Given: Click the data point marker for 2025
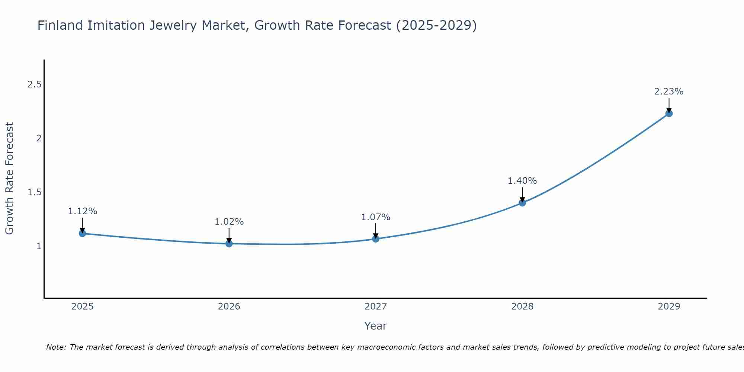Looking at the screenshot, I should [x=82, y=233].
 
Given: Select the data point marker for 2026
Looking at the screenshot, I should [x=229, y=244].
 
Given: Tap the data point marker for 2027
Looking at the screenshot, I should [x=376, y=239].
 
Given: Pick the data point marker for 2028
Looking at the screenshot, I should [x=522, y=203].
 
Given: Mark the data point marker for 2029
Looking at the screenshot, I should [x=669, y=113].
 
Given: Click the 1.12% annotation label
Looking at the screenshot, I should [x=82, y=211].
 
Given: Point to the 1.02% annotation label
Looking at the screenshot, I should [x=229, y=222].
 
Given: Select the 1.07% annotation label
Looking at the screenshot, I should [x=376, y=217].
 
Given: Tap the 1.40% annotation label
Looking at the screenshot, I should [x=522, y=181].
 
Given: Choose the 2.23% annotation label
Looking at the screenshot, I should [x=669, y=92].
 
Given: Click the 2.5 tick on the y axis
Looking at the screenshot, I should [x=34, y=85].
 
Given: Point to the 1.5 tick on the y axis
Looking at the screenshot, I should [x=34, y=192].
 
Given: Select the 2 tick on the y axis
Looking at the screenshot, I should [x=38, y=138].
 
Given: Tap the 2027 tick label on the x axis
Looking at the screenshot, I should [x=376, y=307].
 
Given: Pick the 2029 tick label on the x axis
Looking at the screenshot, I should [x=669, y=307].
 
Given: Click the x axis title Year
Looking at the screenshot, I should [x=376, y=326].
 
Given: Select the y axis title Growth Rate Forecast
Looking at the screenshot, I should [x=10, y=179].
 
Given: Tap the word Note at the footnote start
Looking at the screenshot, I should [x=56, y=347].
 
